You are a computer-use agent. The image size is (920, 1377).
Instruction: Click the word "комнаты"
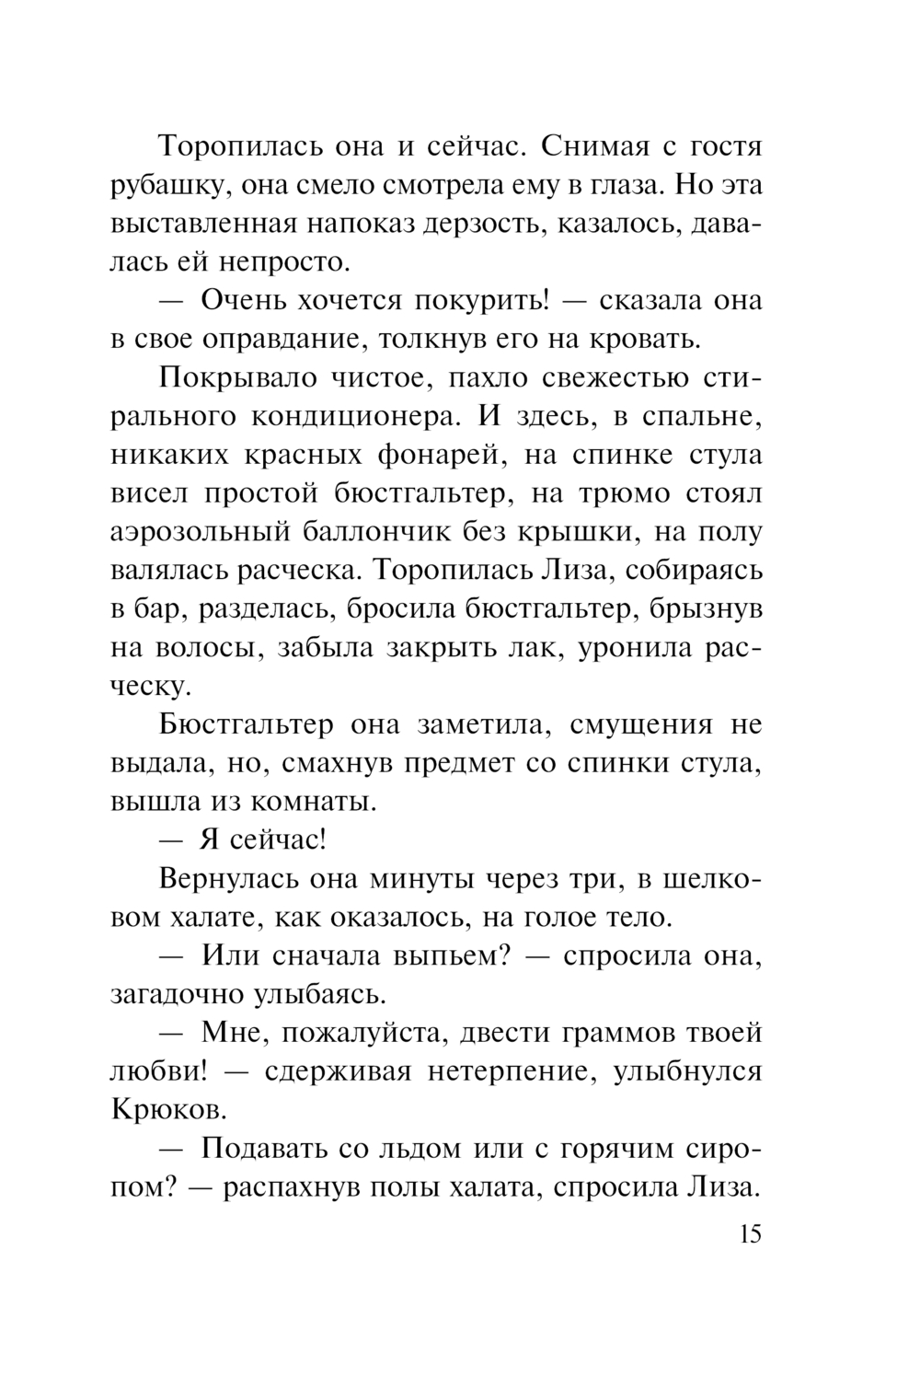(x=318, y=802)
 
